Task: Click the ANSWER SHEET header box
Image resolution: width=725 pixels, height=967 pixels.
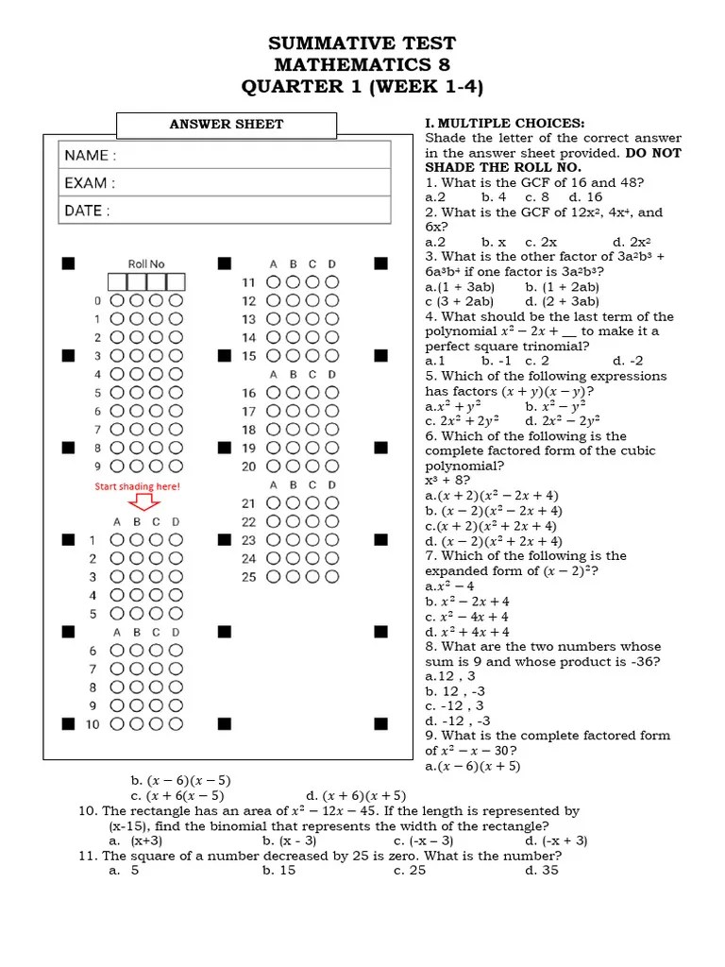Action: click(227, 125)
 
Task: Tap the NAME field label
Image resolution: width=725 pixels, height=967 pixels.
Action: click(91, 155)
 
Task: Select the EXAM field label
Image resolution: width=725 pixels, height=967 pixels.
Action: click(91, 183)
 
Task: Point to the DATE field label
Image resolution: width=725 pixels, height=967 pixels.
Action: click(88, 212)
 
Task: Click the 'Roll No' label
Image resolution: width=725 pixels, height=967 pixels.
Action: click(146, 264)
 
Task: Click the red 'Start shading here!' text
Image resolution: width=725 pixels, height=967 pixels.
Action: click(137, 487)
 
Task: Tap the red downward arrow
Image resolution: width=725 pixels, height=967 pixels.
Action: click(145, 502)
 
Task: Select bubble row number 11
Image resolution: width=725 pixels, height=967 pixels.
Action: click(249, 282)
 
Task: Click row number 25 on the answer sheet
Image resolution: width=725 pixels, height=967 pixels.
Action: click(248, 577)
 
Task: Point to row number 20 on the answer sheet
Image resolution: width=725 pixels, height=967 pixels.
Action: click(248, 467)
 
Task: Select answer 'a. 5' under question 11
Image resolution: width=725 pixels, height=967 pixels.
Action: click(125, 870)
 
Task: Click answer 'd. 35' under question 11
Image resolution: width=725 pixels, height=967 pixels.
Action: click(542, 870)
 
